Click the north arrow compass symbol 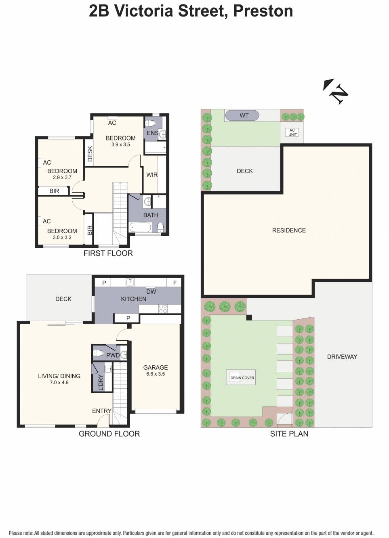tap(336, 92)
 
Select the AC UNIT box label tap(292, 132)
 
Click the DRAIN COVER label tap(242, 378)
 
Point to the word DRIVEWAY tap(342, 357)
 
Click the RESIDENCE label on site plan tap(289, 230)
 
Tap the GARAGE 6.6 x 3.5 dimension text tap(156, 374)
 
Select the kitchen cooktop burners tap(163, 309)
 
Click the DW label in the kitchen tap(151, 291)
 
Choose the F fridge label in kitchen tap(175, 283)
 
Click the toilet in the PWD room tap(98, 354)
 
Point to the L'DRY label tap(101, 382)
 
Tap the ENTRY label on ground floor tap(101, 411)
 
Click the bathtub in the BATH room tap(140, 228)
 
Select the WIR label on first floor tap(152, 175)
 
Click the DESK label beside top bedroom tap(90, 154)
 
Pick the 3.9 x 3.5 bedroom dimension tap(121, 144)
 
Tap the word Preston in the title tap(263, 11)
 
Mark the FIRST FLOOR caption tap(108, 253)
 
